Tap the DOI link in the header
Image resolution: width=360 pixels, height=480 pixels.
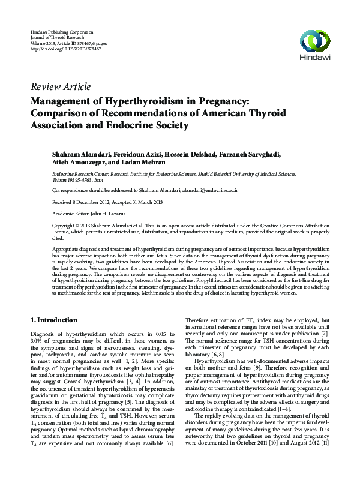65,49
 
